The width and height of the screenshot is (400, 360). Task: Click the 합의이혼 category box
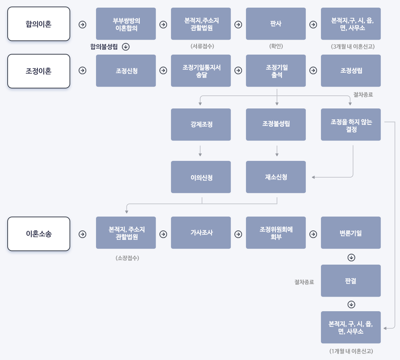coord(39,24)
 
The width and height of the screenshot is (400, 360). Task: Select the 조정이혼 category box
coord(39,71)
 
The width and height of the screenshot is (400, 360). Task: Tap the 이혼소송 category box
coord(39,234)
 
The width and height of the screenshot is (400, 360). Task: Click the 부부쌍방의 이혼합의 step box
coord(126,24)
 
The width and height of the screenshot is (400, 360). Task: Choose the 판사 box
coord(276,24)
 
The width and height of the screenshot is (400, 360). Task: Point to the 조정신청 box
coord(126,71)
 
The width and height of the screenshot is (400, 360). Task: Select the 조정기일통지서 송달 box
coord(201,71)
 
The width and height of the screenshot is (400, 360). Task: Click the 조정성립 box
coord(351,71)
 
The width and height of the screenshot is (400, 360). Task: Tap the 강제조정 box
coord(201,124)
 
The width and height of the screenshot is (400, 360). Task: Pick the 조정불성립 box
coord(276,124)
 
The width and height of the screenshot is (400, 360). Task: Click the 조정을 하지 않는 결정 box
coord(351,124)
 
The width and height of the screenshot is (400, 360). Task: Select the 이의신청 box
coord(201,177)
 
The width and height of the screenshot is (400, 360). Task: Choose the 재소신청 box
coord(276,177)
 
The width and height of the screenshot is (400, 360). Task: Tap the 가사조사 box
coord(201,233)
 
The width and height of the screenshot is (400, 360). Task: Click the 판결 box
coord(351,281)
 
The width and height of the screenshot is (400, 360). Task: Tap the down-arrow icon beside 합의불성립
coord(126,47)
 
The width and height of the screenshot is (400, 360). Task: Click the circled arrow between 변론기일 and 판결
coord(351,258)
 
